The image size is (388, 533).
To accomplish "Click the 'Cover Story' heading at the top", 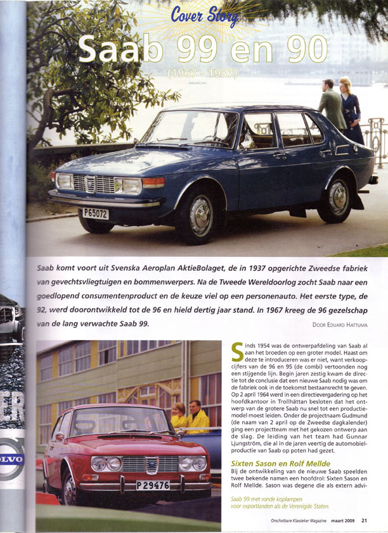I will pos(204,16).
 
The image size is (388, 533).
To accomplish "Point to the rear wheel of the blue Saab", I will pos(334,201).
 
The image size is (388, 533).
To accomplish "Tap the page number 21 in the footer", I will pos(364,521).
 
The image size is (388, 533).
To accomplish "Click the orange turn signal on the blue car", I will pos(153,182).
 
